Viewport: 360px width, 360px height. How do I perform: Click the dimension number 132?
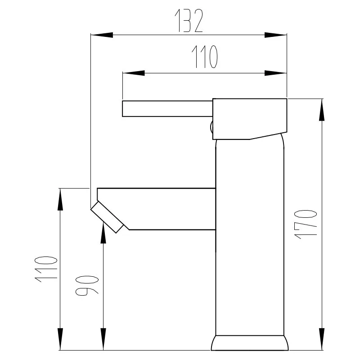[189, 21]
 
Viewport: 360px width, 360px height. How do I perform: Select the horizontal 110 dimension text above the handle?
[205, 57]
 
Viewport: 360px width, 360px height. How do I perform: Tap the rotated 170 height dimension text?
[306, 224]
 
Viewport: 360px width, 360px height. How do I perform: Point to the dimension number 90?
[87, 285]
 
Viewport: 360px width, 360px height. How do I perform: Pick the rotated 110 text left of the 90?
[46, 269]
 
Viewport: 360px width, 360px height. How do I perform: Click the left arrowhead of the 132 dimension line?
[102, 35]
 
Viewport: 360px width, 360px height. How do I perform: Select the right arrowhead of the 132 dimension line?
[275, 35]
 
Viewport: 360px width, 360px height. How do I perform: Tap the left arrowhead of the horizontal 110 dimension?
[134, 73]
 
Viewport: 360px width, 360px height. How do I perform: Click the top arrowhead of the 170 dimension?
[322, 110]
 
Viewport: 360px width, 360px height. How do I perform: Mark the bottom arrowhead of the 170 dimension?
[322, 339]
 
